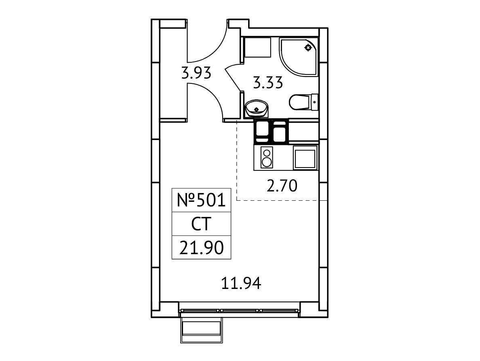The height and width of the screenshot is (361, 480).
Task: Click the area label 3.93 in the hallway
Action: pos(196,74)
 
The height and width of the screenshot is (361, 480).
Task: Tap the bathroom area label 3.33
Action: pos(268,83)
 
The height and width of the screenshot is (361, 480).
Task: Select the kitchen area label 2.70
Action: pos(282,186)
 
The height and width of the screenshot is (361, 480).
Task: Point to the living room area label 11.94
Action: pos(241,283)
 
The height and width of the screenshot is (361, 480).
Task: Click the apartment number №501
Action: pos(202,200)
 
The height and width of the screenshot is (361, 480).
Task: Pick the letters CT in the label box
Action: pos(201,224)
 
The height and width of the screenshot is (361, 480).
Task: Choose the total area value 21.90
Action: pos(202,248)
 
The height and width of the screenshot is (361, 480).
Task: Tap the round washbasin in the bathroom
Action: pos(257,108)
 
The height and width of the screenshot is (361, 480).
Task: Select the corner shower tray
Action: pos(299,57)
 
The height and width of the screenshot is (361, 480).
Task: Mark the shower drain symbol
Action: pos(308,47)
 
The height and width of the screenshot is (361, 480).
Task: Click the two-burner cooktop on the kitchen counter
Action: pos(267,157)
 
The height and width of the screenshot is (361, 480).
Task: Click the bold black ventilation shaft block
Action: pos(271,131)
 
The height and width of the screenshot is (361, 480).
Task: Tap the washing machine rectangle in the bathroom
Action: pos(257,47)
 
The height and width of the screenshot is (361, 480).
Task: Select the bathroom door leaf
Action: pos(233,79)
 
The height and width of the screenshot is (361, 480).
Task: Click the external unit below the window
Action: pos(202,330)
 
